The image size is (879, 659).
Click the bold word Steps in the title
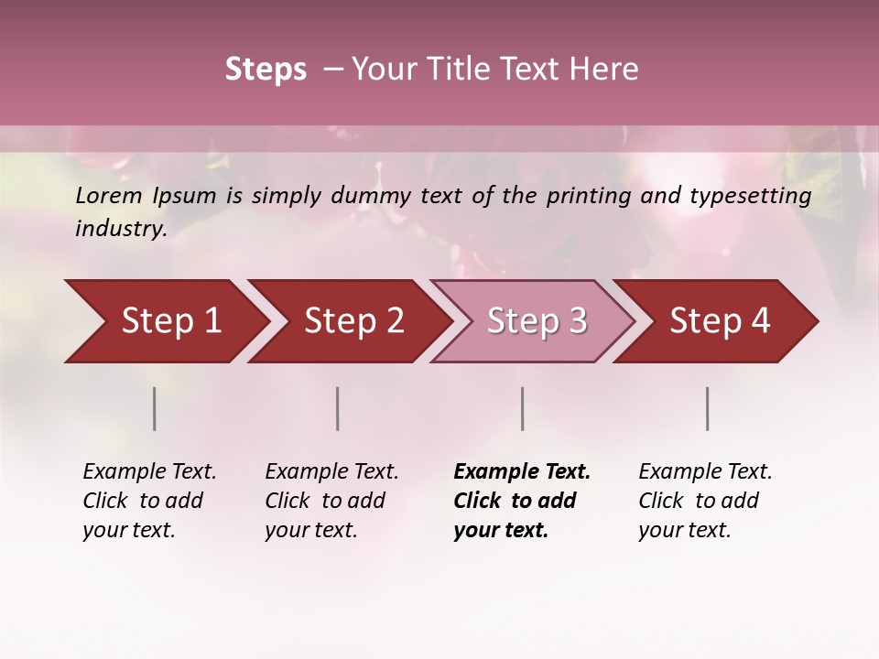[266, 70]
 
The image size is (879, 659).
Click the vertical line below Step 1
[154, 408]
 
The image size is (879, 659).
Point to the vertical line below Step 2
[337, 408]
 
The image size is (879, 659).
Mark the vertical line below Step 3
[522, 408]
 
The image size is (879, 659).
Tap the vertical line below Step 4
[707, 408]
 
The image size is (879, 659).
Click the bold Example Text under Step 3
[522, 472]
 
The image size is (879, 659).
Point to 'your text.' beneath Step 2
[311, 531]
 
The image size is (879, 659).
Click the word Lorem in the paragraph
[109, 196]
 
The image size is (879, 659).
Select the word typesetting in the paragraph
[755, 196]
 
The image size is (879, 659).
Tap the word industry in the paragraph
[120, 228]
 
